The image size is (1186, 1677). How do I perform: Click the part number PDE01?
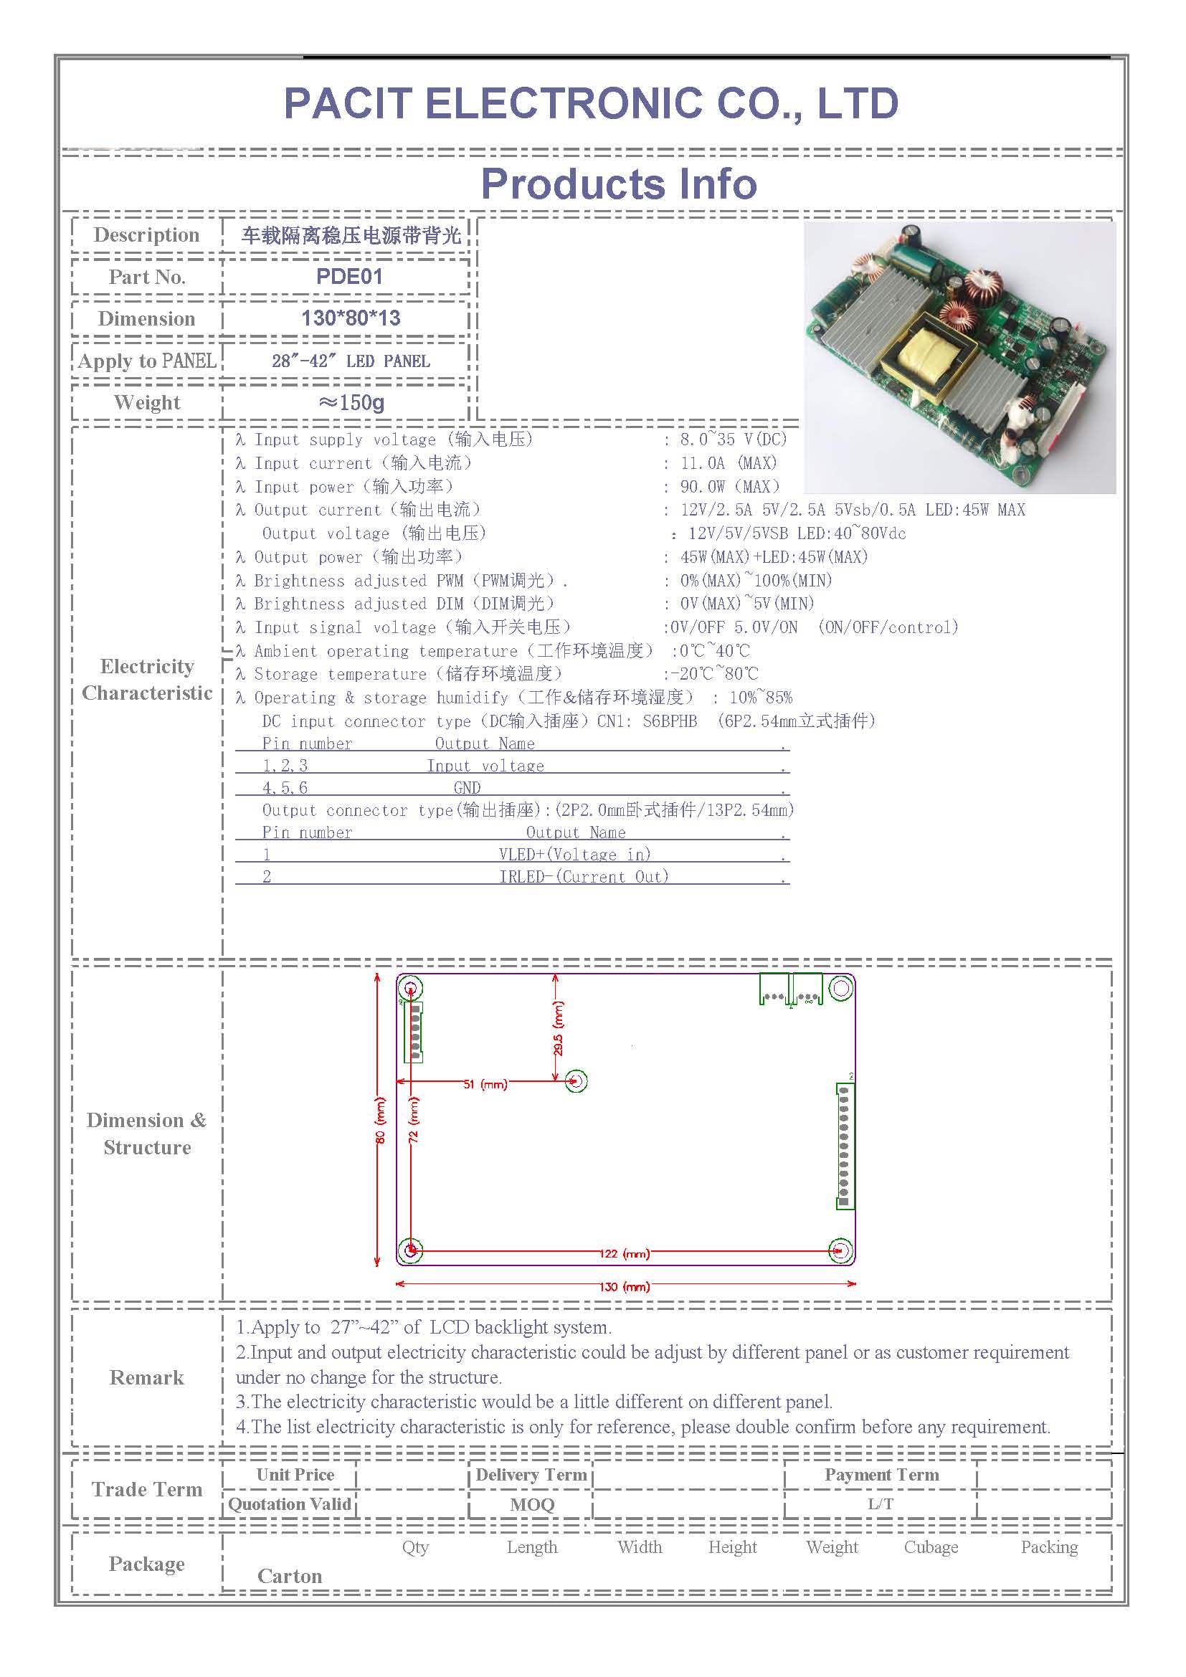349,276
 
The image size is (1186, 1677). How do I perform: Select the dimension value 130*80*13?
351,318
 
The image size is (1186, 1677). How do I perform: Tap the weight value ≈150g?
351,402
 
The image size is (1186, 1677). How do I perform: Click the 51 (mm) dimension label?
485,1084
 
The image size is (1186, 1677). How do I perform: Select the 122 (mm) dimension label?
625,1253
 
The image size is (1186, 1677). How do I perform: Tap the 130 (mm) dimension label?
625,1286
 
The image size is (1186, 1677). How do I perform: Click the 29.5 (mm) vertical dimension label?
559,1027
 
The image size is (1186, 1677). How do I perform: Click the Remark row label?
147,1377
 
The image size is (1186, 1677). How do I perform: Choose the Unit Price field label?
295,1475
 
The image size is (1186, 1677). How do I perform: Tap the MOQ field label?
531,1505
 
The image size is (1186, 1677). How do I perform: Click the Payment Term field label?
881,1475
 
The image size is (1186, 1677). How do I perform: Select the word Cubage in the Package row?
931,1547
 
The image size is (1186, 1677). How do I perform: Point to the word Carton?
289,1576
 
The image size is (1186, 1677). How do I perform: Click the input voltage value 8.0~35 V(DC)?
734,439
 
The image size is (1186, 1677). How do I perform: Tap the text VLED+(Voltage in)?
575,855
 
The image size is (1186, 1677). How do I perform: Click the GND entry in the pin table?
467,788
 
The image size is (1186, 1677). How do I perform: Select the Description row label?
146,234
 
